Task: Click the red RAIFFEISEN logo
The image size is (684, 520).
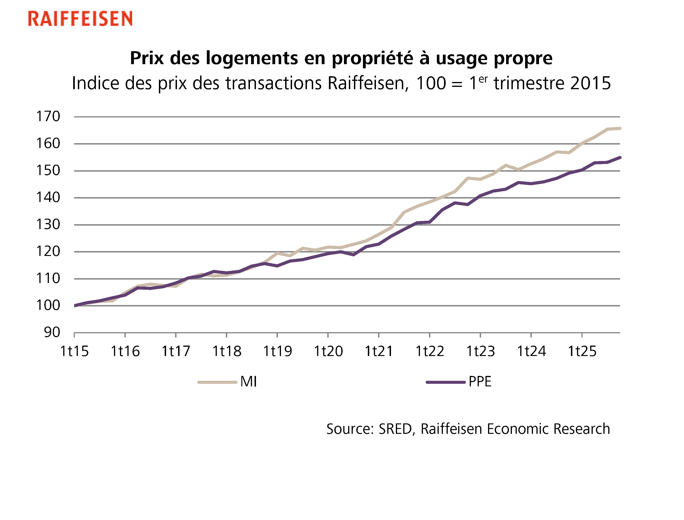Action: [x=80, y=19]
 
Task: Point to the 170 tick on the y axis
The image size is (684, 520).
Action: [x=48, y=117]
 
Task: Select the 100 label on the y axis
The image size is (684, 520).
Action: [x=48, y=306]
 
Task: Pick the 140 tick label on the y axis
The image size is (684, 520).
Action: [x=48, y=198]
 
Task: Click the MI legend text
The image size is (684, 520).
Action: [x=249, y=382]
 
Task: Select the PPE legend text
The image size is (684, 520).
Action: [x=480, y=382]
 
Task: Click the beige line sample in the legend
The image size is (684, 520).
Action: [x=217, y=382]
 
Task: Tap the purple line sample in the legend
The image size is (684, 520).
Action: [x=446, y=382]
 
